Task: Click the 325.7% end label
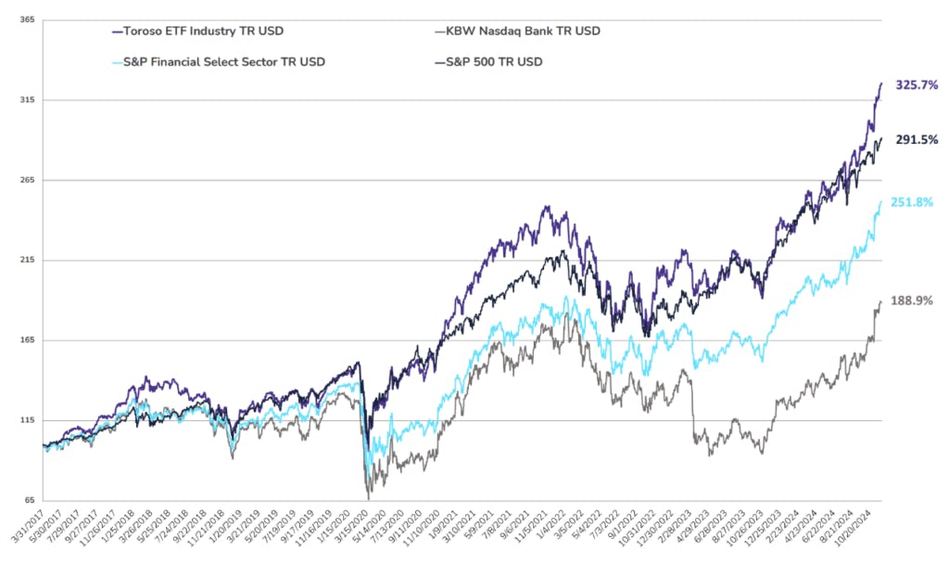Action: pos(917,84)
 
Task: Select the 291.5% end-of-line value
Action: pos(917,140)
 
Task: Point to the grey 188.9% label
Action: pos(912,301)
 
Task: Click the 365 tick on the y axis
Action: pos(27,19)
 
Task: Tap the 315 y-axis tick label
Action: pos(27,99)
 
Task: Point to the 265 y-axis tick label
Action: pos(27,180)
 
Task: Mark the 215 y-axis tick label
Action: pos(27,260)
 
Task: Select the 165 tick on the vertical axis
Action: pos(27,340)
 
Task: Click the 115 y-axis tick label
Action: pos(27,420)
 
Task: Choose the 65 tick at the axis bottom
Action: pos(29,501)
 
